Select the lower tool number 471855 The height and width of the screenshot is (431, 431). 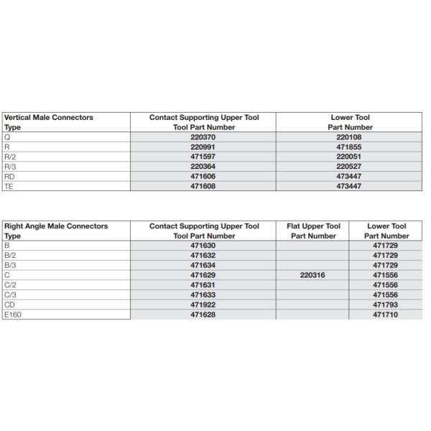[x=350, y=146]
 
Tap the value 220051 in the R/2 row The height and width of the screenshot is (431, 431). [x=350, y=156]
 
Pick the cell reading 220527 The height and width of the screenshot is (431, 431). [x=350, y=166]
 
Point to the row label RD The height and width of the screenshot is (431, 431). [x=10, y=176]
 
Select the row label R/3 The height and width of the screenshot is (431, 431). [x=10, y=166]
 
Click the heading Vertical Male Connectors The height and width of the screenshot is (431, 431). [x=48, y=117]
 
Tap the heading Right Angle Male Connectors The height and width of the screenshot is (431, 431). [x=55, y=226]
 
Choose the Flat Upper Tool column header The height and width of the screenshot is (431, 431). [x=313, y=226]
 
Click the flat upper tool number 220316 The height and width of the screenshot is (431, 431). [x=313, y=275]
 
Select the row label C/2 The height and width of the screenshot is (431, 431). [x=10, y=285]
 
